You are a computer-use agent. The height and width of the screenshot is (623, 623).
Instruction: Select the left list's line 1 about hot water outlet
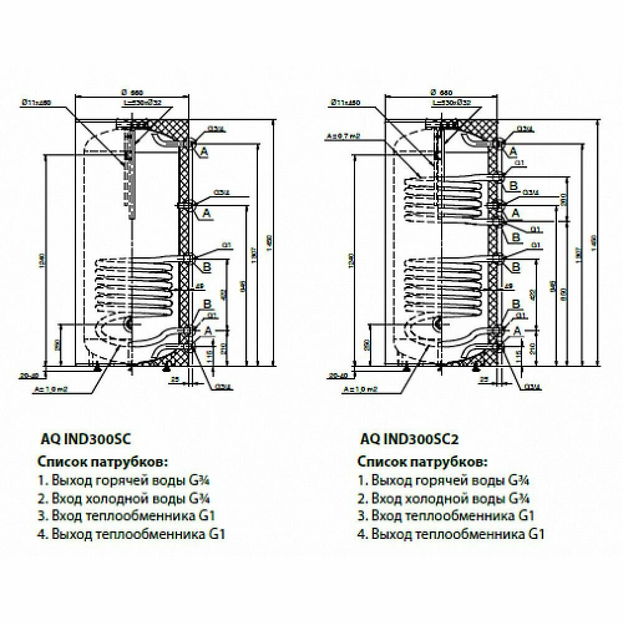(x=123, y=482)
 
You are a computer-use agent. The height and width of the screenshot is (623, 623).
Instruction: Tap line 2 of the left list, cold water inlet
(x=123, y=499)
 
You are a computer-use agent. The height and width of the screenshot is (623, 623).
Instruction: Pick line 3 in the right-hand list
(x=446, y=516)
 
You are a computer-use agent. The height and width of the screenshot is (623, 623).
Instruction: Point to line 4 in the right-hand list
(x=451, y=534)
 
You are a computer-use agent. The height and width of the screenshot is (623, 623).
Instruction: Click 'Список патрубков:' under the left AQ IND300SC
(x=103, y=462)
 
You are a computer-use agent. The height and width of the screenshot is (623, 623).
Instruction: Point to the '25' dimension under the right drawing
(x=482, y=379)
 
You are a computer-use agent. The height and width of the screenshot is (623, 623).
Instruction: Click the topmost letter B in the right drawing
(x=514, y=186)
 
